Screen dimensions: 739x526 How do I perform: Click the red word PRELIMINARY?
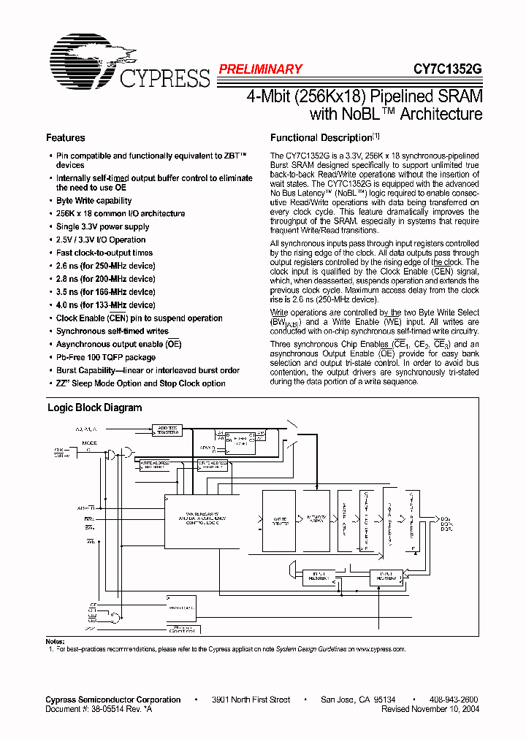(x=260, y=69)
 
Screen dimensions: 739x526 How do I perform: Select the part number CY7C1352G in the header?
(x=448, y=69)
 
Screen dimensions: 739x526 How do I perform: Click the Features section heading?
(x=66, y=137)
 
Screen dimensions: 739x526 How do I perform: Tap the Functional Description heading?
(x=321, y=137)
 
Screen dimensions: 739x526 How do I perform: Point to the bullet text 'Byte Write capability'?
(x=94, y=201)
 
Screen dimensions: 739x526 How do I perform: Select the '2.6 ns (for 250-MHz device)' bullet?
(x=106, y=266)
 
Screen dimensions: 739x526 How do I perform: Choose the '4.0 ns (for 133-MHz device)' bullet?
(x=106, y=305)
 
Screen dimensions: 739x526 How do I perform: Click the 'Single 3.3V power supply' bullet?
(x=102, y=227)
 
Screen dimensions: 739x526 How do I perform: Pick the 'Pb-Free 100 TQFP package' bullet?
(x=106, y=358)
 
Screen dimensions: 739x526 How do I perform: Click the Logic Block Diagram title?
(x=95, y=408)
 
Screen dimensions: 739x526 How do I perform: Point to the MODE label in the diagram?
(x=89, y=443)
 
